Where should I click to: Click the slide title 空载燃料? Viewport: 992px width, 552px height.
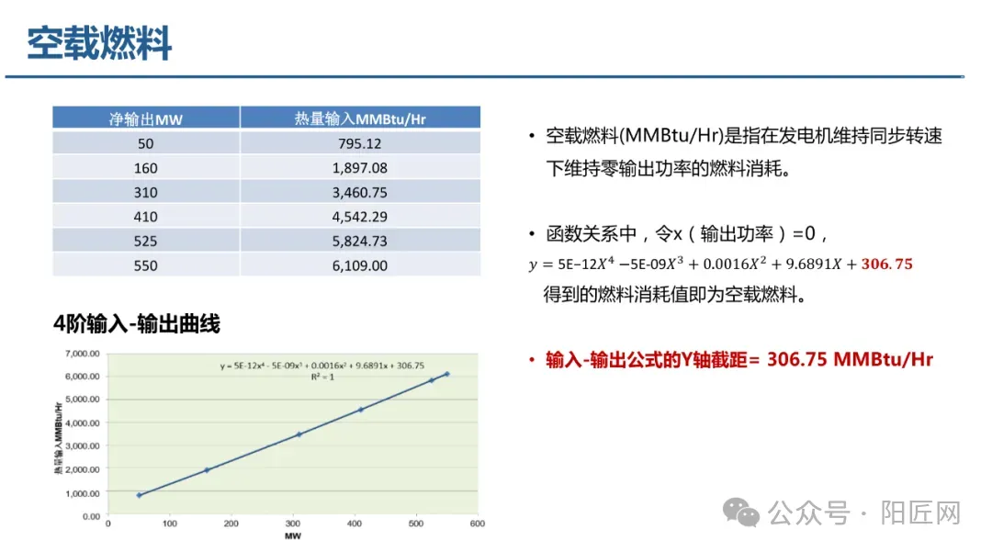point(99,43)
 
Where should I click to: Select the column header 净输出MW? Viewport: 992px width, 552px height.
point(146,118)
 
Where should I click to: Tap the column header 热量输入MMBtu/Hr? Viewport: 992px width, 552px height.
point(360,118)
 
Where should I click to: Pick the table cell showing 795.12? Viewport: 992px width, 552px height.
point(360,143)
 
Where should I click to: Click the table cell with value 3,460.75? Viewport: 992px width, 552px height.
point(360,192)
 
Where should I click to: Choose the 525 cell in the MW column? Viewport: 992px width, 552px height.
point(146,242)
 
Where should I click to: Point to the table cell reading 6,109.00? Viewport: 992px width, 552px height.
point(360,265)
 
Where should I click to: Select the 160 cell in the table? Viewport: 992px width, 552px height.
point(146,168)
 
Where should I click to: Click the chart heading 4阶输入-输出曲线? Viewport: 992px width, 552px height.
point(137,324)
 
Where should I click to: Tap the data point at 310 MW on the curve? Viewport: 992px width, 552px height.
point(299,434)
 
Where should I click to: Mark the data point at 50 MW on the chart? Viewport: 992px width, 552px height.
point(140,495)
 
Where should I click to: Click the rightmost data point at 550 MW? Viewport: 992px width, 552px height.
point(446,374)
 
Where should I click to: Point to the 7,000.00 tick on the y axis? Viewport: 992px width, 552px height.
point(83,353)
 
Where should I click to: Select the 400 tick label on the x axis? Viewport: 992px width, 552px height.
point(354,524)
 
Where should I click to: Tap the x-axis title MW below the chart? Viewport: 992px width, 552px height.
point(293,536)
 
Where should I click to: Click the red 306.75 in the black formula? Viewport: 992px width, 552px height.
point(886,265)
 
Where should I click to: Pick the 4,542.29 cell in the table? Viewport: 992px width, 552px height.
point(360,217)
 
